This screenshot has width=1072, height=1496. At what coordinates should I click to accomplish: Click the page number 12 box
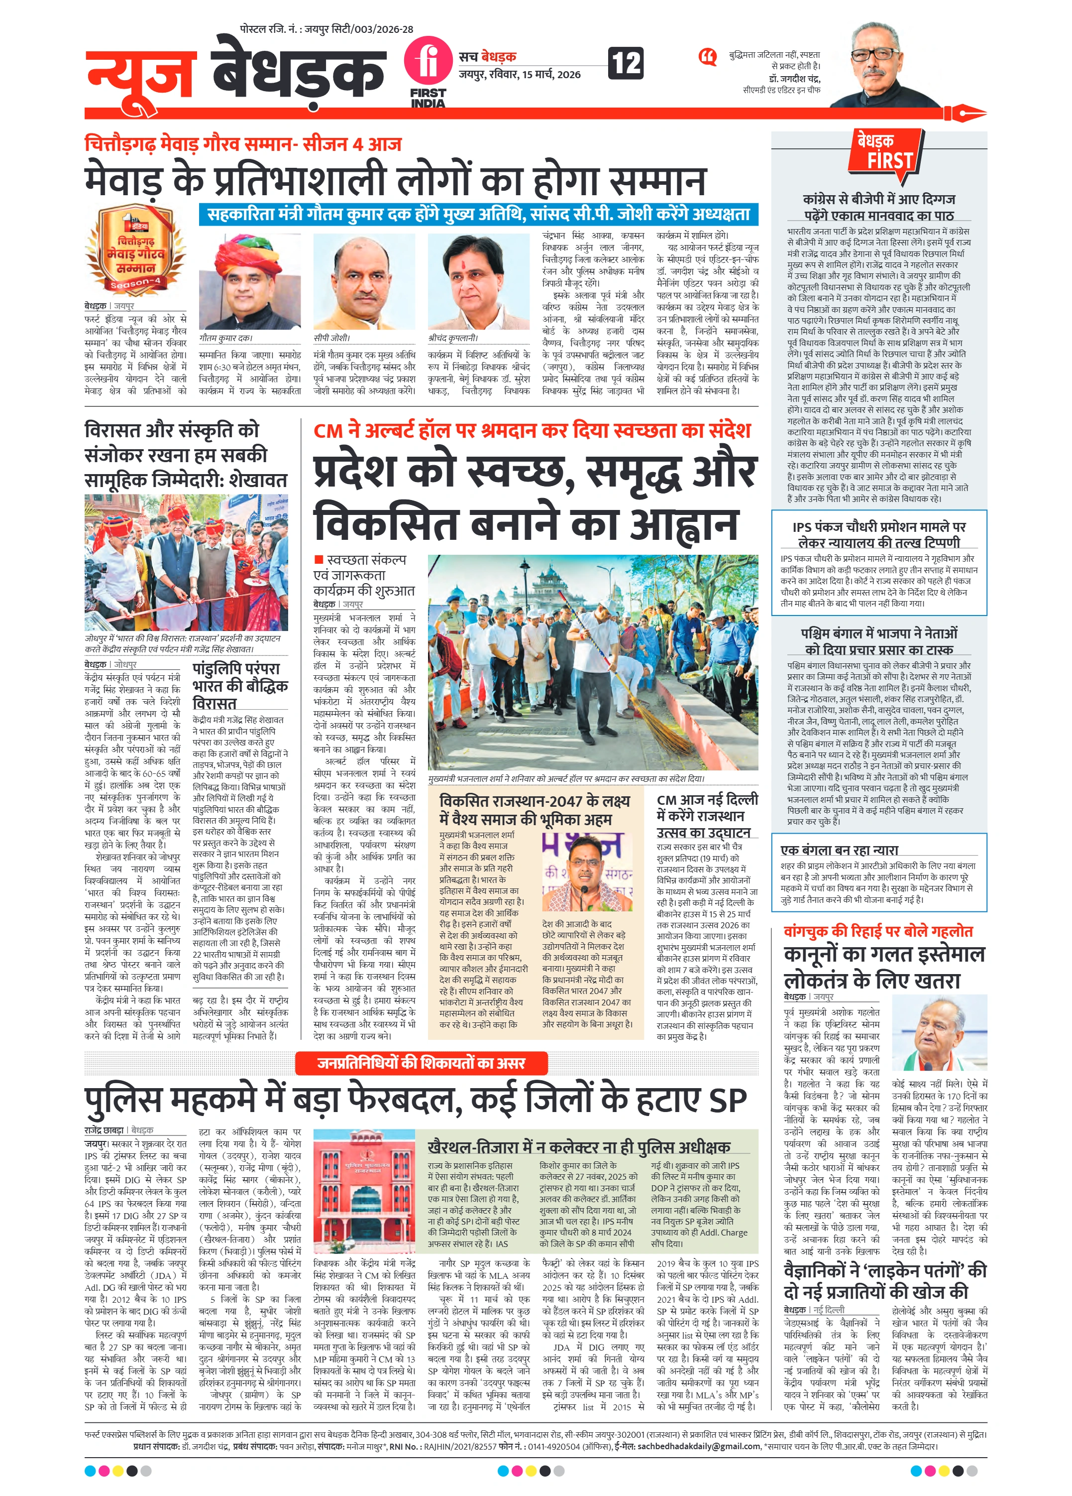click(626, 63)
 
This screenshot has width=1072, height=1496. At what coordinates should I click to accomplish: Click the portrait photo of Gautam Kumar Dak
click(250, 282)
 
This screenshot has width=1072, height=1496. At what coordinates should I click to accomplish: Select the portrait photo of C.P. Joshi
click(365, 282)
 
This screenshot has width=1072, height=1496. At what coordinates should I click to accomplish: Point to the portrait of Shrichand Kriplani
click(479, 282)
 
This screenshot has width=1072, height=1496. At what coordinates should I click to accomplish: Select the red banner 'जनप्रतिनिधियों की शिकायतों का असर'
click(421, 1063)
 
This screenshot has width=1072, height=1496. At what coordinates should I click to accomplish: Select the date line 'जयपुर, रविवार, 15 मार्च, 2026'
click(520, 75)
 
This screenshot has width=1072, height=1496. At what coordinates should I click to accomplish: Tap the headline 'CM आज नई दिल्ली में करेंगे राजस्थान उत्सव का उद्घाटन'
click(707, 816)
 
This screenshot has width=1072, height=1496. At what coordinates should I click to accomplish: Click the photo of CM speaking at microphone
click(587, 872)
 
